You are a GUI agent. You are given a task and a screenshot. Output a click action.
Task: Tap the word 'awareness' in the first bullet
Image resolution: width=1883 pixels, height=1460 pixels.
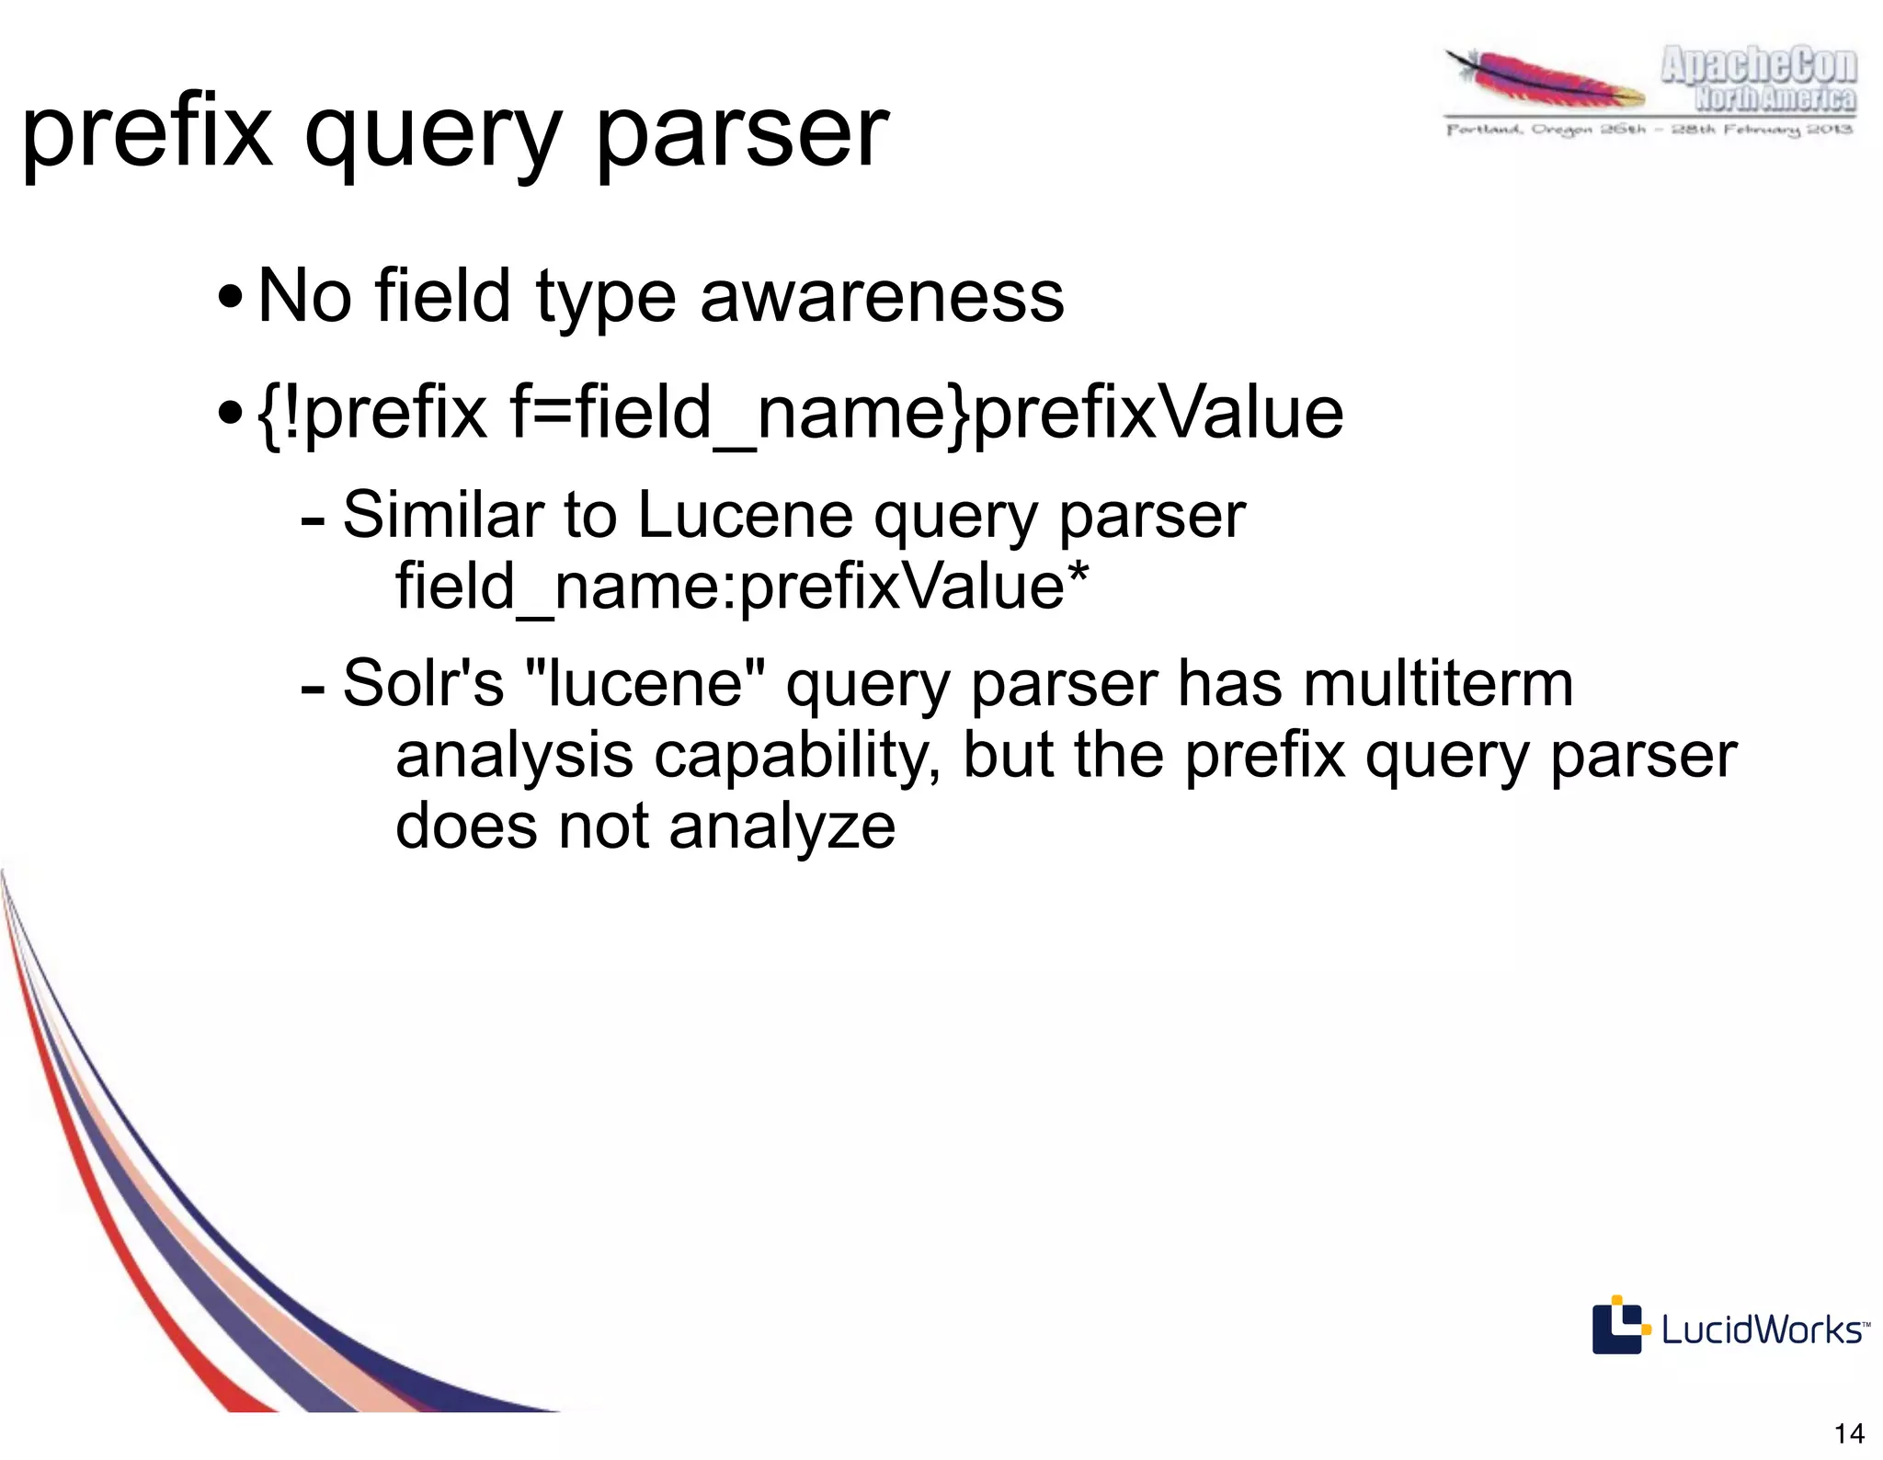point(882,296)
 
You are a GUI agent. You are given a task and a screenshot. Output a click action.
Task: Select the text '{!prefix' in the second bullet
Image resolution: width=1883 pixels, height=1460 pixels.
point(373,413)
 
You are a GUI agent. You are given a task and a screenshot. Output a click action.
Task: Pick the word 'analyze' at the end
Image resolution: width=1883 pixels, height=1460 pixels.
point(782,826)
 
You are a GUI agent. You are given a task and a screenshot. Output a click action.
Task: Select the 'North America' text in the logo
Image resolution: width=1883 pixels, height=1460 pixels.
point(1775,97)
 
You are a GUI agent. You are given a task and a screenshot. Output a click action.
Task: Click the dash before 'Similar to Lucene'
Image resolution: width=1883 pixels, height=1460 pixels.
point(313,520)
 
